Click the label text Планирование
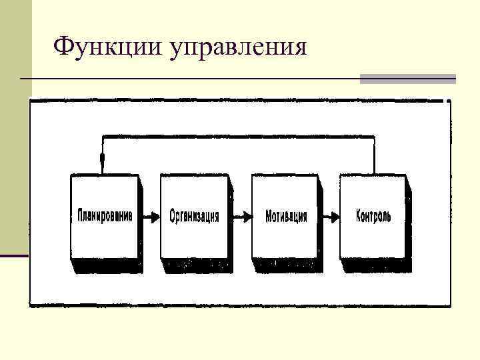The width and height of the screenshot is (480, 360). click(x=105, y=216)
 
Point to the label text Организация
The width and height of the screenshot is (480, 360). click(x=194, y=217)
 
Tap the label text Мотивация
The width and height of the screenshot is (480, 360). click(x=286, y=217)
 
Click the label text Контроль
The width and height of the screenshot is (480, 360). click(x=373, y=216)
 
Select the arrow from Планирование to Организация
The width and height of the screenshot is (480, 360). click(x=149, y=216)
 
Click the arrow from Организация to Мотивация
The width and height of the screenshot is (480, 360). click(x=240, y=216)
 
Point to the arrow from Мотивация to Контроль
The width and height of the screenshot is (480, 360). click(x=329, y=216)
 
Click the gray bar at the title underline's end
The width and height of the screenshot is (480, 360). click(x=407, y=79)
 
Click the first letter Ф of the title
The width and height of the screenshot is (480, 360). click(x=62, y=47)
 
